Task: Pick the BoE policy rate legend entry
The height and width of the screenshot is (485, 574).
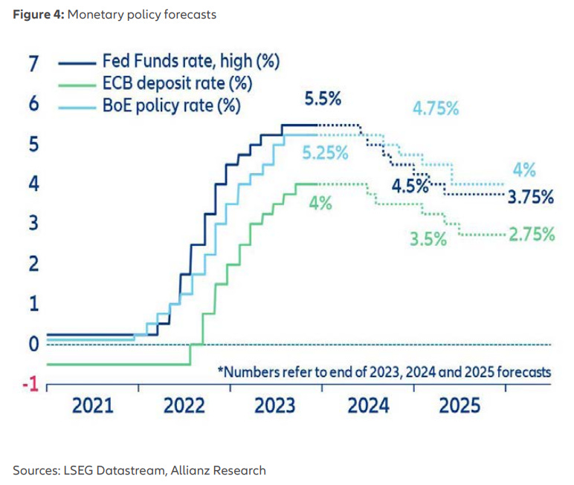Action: pos(171,105)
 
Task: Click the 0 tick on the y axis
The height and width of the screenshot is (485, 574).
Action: pos(33,344)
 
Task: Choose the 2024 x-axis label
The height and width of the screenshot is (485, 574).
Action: pos(368,406)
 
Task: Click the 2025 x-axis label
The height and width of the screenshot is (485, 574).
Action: pos(459,406)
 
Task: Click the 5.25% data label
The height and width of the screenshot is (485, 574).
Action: pos(326,154)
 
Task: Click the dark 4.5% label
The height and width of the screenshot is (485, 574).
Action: pos(410,185)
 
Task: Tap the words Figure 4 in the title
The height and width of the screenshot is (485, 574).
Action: pos(37,14)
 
